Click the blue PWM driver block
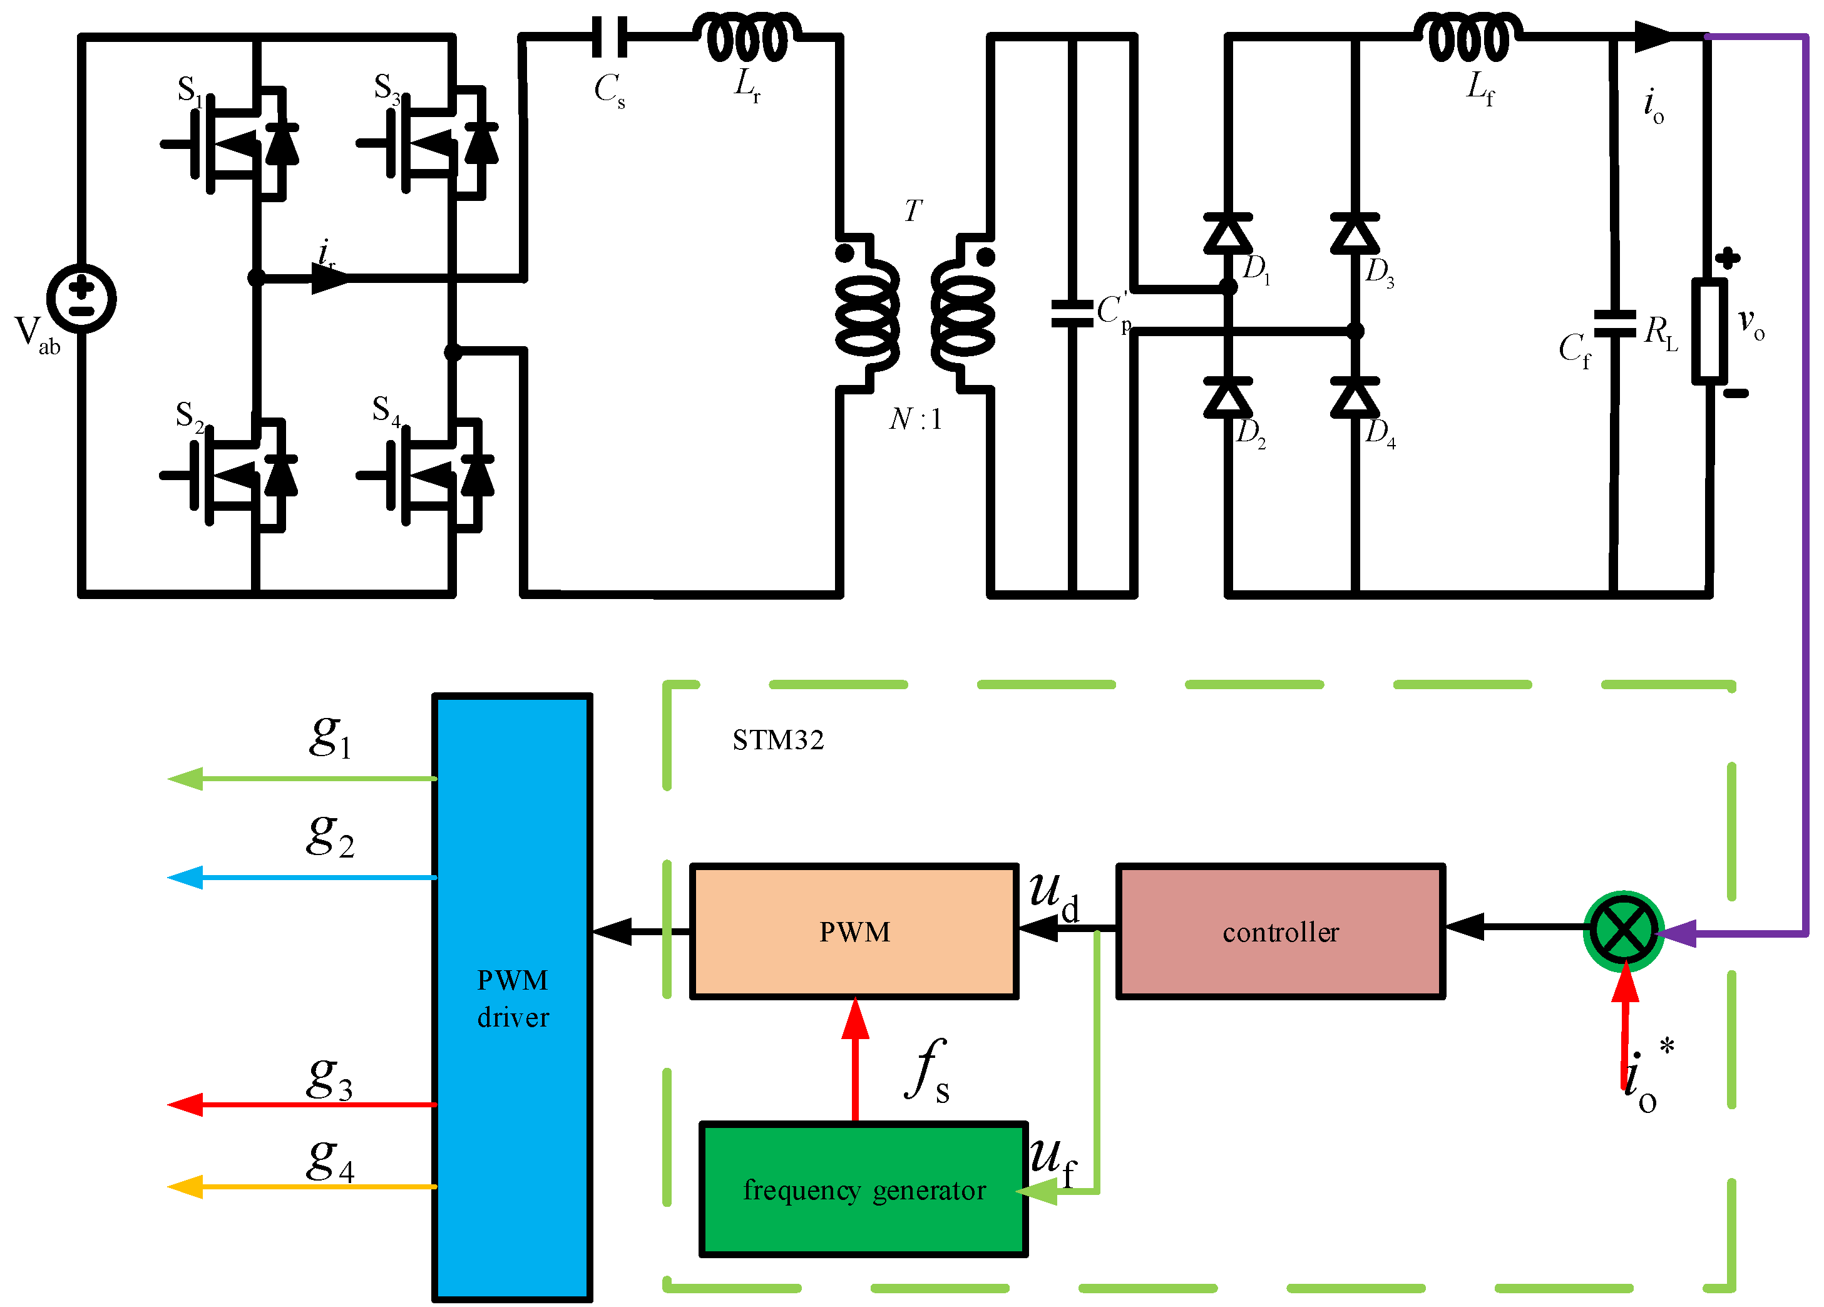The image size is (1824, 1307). tap(512, 997)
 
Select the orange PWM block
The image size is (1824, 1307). tap(854, 931)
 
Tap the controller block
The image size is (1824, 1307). tap(1280, 931)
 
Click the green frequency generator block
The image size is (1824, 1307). tap(864, 1189)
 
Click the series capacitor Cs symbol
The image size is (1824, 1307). tap(610, 37)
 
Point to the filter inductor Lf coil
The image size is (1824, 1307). tap(1468, 37)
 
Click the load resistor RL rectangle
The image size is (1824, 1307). tap(1708, 331)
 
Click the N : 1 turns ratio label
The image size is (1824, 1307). tap(915, 419)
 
